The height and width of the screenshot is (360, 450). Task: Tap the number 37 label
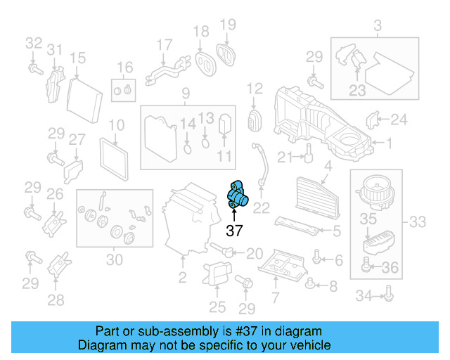[234, 230]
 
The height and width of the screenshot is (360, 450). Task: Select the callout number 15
[77, 58]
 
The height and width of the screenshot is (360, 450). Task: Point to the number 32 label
[34, 44]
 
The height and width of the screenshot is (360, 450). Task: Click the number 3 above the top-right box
[377, 27]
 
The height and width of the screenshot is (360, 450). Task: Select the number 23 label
[357, 90]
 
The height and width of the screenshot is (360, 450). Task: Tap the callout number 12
[254, 89]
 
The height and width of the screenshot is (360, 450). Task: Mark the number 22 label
[261, 207]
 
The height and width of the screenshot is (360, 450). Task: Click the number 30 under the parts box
[114, 259]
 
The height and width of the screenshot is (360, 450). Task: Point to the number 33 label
[418, 223]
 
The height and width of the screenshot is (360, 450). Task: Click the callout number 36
[390, 266]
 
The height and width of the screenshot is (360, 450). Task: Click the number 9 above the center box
[186, 94]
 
